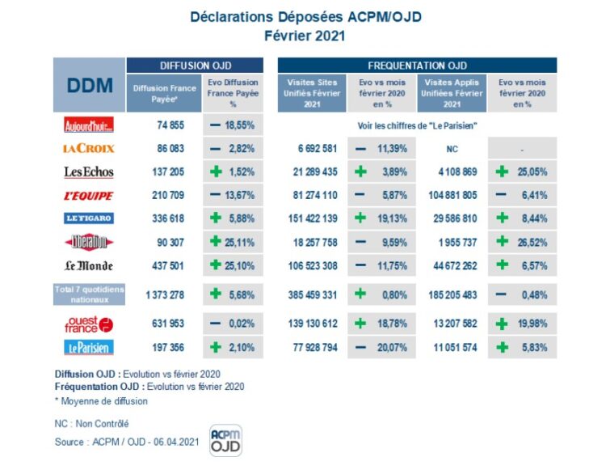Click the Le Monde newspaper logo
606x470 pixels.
click(89, 265)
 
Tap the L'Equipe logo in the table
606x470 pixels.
click(89, 195)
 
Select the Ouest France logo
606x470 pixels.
click(89, 324)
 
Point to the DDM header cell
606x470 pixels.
click(89, 85)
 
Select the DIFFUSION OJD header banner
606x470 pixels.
click(195, 66)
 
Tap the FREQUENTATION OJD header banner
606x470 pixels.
click(417, 66)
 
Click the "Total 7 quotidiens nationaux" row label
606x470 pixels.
click(89, 294)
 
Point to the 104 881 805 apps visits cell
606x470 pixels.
click(452, 195)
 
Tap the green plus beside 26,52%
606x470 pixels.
click(502, 242)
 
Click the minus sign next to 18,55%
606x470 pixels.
click(216, 125)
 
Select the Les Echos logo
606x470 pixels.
click(89, 171)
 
